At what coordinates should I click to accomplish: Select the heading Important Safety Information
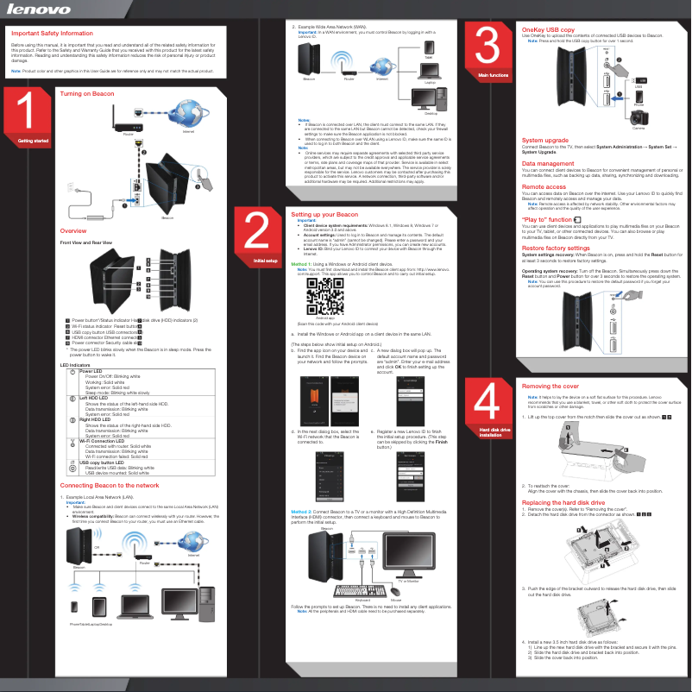point(51,33)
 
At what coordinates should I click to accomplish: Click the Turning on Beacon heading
point(87,91)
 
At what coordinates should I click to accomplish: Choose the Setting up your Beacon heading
point(324,213)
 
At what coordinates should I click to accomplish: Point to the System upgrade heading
point(545,140)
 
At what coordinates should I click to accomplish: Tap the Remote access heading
point(544,186)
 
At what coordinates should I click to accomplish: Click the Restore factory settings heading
point(562,248)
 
